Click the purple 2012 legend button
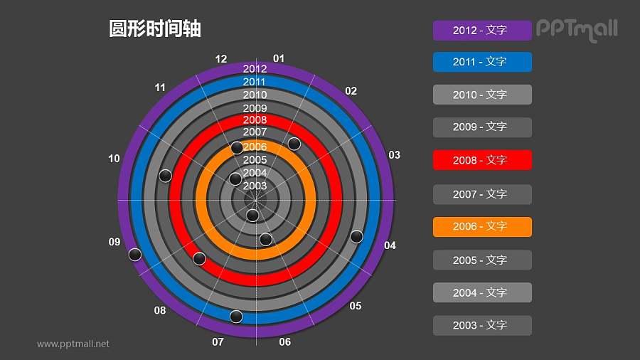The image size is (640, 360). coord(482,31)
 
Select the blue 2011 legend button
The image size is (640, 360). coord(482,62)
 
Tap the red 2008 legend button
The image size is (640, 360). coord(482,160)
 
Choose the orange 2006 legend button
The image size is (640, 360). coord(482,226)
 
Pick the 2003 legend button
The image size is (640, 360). coord(482,325)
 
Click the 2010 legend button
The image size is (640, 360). coord(482,95)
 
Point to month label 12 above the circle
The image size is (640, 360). coord(221,59)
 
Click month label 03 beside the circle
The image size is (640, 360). coord(394,155)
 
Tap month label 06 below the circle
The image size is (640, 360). coord(285,342)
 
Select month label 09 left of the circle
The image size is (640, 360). coord(114,243)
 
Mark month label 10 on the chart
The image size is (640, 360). coord(114,159)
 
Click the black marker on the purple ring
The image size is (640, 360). coord(135,255)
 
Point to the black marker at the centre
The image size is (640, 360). coord(252,215)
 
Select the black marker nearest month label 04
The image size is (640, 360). coord(357,236)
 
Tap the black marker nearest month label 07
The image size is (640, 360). coord(236,316)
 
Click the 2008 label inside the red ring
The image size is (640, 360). coord(255,120)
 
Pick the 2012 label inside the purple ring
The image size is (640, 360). coord(255,69)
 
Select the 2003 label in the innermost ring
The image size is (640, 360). coord(255,186)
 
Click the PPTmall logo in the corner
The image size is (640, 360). coord(577,30)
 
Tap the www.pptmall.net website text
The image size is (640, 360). coord(73,344)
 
